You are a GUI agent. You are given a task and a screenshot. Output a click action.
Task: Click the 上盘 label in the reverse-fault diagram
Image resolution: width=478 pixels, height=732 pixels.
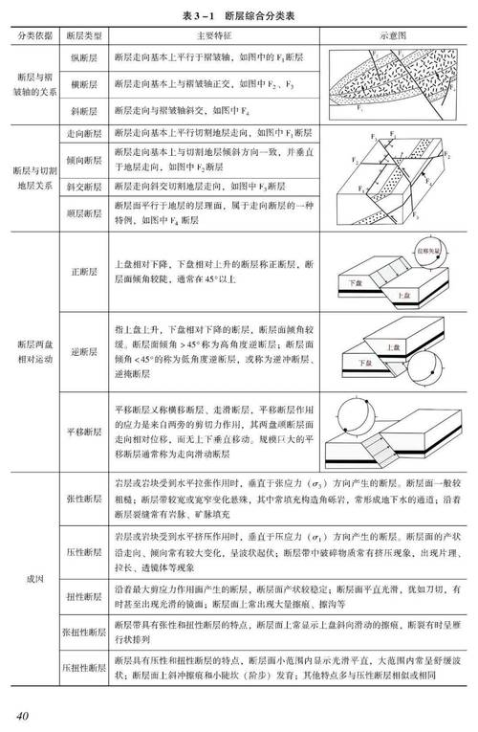click(390, 345)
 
